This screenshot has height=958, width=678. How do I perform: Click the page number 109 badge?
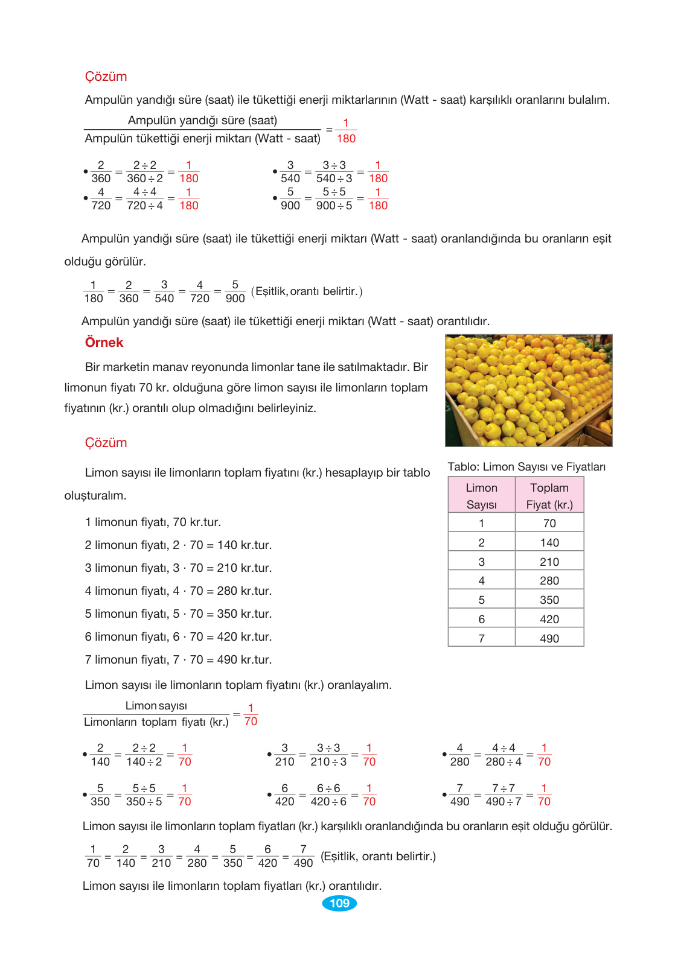pos(339,903)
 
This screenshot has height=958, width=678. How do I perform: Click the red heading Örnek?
pos(104,343)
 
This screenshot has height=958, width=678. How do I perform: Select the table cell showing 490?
pos(549,638)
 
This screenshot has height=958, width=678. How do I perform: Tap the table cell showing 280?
pos(549,580)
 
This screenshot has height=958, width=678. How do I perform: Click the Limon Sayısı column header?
pos(482,496)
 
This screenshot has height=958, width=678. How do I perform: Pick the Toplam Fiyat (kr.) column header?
pos(549,496)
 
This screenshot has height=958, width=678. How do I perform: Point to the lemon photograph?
pos(528,390)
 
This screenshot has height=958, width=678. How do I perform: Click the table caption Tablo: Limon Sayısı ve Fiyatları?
pos(526,467)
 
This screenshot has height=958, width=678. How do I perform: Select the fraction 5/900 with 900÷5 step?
pos(334,198)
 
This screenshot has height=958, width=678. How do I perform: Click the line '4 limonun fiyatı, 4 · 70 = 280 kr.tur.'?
pos(178,591)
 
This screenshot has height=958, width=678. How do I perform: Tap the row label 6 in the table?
pos(482,619)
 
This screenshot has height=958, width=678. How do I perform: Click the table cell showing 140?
pos(549,542)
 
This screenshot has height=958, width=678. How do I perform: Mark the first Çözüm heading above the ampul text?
pos(106,77)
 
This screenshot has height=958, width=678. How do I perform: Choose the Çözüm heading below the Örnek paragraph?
pos(106,443)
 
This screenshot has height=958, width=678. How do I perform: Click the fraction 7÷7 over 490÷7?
pos(503,795)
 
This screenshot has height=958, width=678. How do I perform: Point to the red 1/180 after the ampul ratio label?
pos(346,131)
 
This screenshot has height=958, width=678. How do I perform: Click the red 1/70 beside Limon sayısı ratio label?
pos(251,715)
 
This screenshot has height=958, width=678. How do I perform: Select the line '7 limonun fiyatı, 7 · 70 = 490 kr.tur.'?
pos(178,660)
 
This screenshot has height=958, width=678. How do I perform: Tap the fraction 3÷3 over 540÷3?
pos(334,172)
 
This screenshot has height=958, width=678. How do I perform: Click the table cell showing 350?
pos(549,600)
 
